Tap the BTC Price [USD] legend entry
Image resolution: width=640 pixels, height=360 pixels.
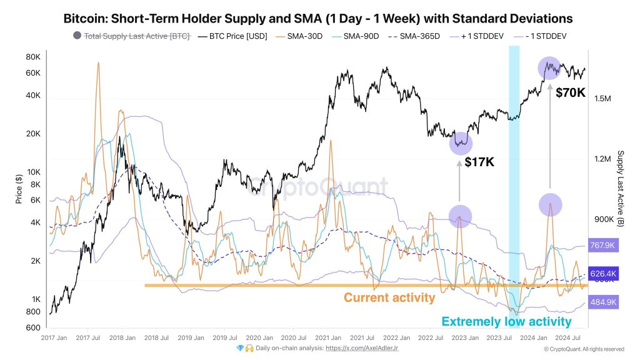[232, 36]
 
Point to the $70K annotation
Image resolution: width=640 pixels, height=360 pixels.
[570, 92]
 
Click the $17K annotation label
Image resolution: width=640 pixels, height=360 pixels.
[479, 162]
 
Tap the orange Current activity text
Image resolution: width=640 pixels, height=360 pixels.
[389, 297]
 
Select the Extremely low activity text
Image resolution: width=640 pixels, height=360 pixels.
[506, 321]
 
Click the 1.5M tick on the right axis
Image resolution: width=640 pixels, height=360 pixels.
[606, 99]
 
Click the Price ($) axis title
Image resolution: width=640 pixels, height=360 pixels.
[18, 187]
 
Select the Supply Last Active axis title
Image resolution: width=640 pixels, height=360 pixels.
[621, 187]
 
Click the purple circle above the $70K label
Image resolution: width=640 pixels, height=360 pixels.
[550, 67]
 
